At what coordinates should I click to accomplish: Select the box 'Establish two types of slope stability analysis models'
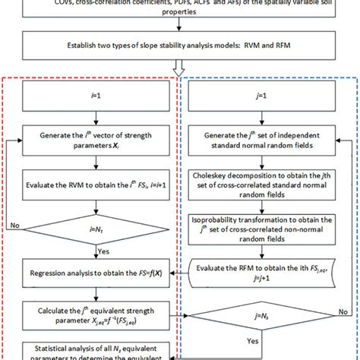179,43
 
